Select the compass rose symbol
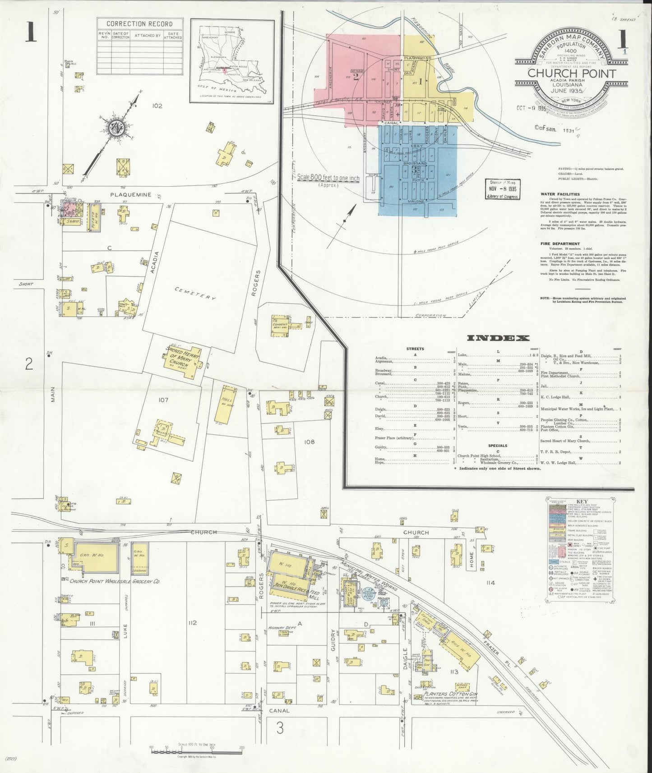[x=110, y=128]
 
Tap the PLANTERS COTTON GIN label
[x=448, y=707]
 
